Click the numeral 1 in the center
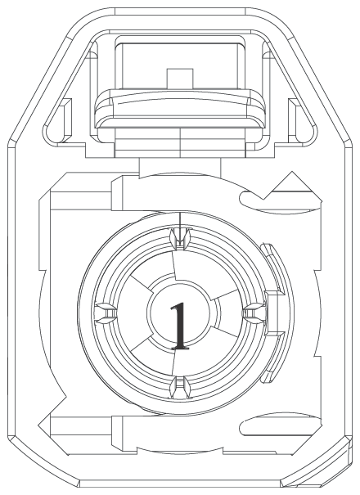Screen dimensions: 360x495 tap(180, 326)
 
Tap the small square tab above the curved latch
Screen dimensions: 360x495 tap(180, 78)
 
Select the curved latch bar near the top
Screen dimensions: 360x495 tap(180, 108)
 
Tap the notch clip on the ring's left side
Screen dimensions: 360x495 tap(106, 313)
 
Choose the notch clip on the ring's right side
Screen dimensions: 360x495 tap(254, 313)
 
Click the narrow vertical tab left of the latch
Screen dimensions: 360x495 tap(65, 120)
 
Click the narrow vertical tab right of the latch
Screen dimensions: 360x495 tap(295, 120)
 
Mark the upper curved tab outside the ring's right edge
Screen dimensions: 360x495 tap(273, 268)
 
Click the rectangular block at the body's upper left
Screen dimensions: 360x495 tap(80, 198)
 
